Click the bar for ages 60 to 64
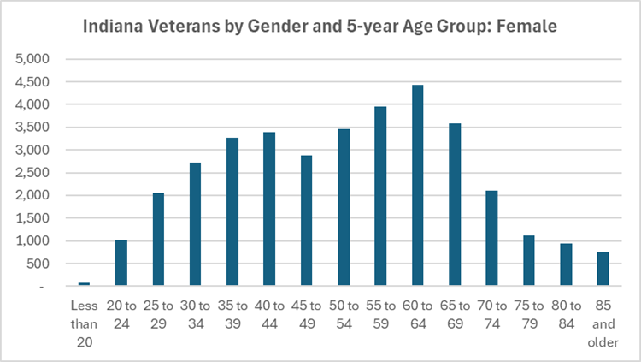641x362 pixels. pos(417,185)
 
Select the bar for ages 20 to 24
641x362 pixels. pos(121,263)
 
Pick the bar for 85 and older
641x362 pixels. pos(603,269)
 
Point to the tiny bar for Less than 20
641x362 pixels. pos(84,283)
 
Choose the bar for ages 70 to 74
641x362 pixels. pos(491,238)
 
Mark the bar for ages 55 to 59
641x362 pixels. pos(380,196)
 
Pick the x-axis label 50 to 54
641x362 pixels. pos(344,316)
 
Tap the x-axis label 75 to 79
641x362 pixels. pos(528,316)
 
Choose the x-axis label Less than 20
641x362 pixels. pos(84,323)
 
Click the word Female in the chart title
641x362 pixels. pos(530,27)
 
